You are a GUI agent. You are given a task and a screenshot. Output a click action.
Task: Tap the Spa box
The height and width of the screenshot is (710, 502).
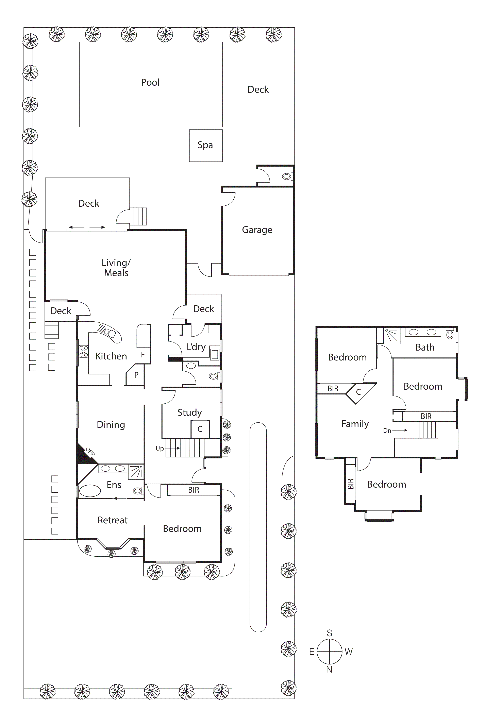coord(205,145)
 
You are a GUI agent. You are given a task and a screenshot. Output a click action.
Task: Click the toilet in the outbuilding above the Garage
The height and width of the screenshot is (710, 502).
coord(287,176)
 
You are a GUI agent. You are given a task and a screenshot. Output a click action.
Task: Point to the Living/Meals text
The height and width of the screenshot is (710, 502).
coord(116,268)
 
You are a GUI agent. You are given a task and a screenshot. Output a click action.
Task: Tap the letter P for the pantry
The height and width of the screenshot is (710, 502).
coord(136,375)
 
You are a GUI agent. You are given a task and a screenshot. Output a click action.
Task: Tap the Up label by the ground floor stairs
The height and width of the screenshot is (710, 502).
coord(160,448)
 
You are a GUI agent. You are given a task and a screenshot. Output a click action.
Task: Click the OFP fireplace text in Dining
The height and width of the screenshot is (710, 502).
coord(90,452)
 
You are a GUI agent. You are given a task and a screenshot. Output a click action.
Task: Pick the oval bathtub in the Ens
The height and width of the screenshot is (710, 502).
coord(90,491)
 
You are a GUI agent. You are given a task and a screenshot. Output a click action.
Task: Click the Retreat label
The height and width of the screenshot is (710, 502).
coord(113,520)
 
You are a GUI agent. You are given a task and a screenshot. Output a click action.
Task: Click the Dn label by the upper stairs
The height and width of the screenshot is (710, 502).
coord(387,430)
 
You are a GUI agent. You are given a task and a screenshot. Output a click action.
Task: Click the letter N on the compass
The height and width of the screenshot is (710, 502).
coord(329,670)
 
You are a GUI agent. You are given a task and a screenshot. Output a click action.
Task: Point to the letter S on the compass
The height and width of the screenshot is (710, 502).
coord(329,633)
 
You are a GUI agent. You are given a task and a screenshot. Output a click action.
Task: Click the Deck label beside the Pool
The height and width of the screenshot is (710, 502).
coord(258,90)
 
